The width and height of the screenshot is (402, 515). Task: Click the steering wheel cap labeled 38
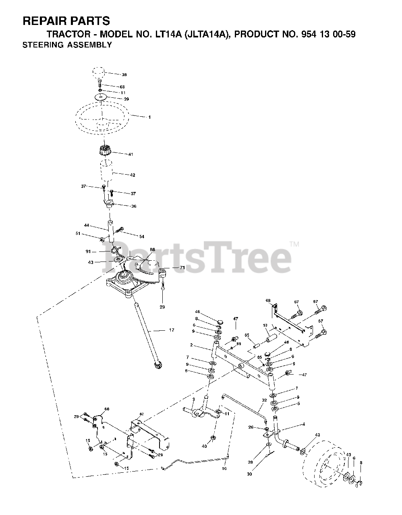click(x=98, y=74)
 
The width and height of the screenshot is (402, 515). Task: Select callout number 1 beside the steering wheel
click(x=149, y=117)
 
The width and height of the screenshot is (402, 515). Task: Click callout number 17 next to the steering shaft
click(x=172, y=330)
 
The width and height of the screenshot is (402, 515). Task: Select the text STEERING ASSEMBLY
click(x=67, y=45)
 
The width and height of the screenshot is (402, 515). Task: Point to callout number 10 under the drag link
click(x=224, y=468)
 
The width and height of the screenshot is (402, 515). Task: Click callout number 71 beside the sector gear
click(x=182, y=267)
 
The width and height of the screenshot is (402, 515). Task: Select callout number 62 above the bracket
click(x=142, y=414)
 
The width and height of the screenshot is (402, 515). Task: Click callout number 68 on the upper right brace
click(x=268, y=301)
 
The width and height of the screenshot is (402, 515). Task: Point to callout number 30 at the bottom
click(x=250, y=474)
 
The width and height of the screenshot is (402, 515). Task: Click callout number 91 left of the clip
click(x=88, y=251)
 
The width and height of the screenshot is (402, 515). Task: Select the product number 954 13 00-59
click(x=328, y=35)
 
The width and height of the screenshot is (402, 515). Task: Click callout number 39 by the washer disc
click(x=126, y=99)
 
